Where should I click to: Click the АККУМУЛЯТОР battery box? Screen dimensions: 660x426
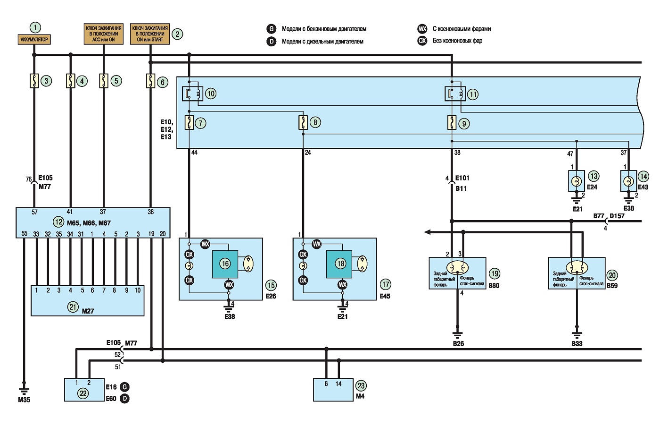34,40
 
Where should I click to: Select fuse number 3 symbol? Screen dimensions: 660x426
34,81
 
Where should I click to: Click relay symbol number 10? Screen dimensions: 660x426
192,94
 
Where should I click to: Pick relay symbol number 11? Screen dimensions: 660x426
455,94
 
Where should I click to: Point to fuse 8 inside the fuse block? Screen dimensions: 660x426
303,122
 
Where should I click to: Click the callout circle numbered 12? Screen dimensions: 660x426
58,222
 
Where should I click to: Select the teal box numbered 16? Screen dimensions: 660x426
225,264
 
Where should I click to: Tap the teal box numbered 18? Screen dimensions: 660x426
339,264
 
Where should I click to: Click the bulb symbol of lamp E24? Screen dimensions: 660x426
576,181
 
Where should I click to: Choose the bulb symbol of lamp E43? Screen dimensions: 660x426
628,181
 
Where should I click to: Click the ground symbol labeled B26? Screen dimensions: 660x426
458,335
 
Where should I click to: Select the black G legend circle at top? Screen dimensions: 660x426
271,29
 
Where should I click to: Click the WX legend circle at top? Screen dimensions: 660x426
422,29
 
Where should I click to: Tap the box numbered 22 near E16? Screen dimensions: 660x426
84,390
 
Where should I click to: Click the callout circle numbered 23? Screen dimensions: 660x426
361,385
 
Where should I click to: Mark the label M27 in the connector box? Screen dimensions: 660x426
88,311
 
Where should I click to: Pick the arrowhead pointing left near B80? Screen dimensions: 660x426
427,232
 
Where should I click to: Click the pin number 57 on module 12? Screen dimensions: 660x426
34,212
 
